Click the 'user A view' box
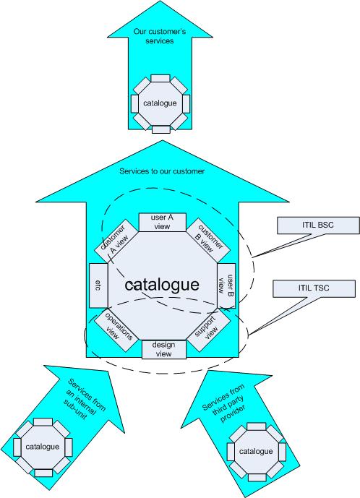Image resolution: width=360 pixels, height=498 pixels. click(163, 222)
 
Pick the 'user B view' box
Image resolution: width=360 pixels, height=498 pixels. click(226, 286)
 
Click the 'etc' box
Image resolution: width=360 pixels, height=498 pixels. click(98, 286)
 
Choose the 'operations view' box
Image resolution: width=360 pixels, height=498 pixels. click(116, 330)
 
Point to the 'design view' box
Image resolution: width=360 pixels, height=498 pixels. click(164, 349)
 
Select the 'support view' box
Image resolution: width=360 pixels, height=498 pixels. click(208, 330)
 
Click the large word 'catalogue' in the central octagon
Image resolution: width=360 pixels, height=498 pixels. click(162, 285)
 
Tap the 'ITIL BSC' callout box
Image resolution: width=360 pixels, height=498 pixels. click(318, 226)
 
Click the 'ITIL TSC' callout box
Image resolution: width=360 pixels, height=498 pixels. click(314, 288)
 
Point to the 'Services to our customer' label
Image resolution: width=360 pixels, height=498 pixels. click(162, 171)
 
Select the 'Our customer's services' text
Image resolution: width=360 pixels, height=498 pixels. click(160, 36)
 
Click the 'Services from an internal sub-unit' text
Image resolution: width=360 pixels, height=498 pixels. click(84, 399)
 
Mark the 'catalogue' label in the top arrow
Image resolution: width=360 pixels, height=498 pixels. click(160, 103)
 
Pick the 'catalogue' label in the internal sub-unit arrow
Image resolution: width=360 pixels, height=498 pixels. click(42, 447)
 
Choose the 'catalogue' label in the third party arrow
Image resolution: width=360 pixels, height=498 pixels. click(256, 451)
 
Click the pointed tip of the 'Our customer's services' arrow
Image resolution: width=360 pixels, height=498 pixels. click(160, 1)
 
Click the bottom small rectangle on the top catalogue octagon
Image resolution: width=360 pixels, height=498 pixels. click(161, 129)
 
